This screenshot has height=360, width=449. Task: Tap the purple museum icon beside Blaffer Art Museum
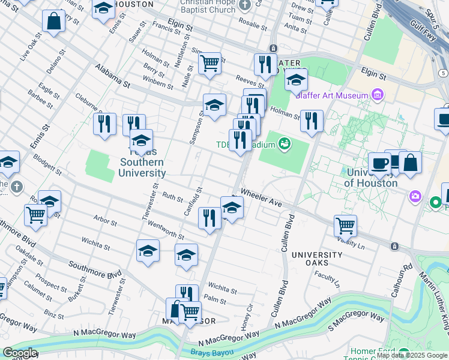tap(378, 95)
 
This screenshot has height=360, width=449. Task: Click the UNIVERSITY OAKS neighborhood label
tap(317, 255)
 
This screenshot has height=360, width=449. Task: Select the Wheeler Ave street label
tap(261, 199)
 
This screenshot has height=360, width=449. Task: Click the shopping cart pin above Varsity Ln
tap(345, 226)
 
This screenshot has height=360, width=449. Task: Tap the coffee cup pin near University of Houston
tap(379, 163)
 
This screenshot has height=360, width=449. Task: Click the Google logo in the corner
tap(20, 353)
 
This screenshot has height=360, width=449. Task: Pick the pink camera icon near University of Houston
tap(415, 196)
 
